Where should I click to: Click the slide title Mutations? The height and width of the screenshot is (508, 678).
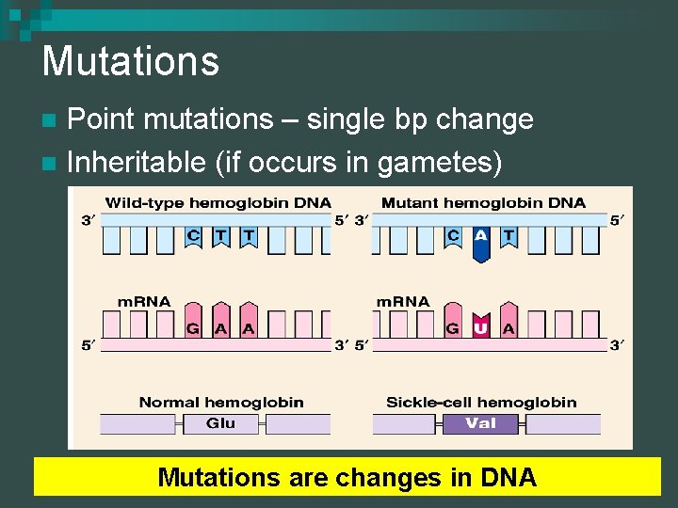pyautogui.click(x=130, y=61)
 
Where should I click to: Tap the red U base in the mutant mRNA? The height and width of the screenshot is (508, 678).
pyautogui.click(x=481, y=325)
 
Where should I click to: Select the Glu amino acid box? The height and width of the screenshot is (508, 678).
pyautogui.click(x=220, y=423)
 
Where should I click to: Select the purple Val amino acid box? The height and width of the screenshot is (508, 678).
pyautogui.click(x=480, y=423)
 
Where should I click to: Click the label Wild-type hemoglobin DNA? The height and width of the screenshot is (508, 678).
pyautogui.click(x=218, y=202)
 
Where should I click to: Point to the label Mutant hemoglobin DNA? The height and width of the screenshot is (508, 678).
pyautogui.click(x=482, y=202)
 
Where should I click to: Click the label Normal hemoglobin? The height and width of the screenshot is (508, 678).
pyautogui.click(x=221, y=402)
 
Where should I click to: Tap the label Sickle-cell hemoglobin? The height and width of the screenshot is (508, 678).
pyautogui.click(x=481, y=402)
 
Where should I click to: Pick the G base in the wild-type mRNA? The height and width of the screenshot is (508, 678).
pyautogui.click(x=193, y=327)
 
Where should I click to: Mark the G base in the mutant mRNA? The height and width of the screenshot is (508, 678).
pyautogui.click(x=453, y=327)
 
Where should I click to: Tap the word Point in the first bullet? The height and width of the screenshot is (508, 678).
pyautogui.click(x=103, y=119)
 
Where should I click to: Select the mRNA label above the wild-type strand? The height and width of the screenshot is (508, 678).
pyautogui.click(x=143, y=302)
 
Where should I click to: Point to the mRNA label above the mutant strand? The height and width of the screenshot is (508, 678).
pyautogui.click(x=403, y=302)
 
